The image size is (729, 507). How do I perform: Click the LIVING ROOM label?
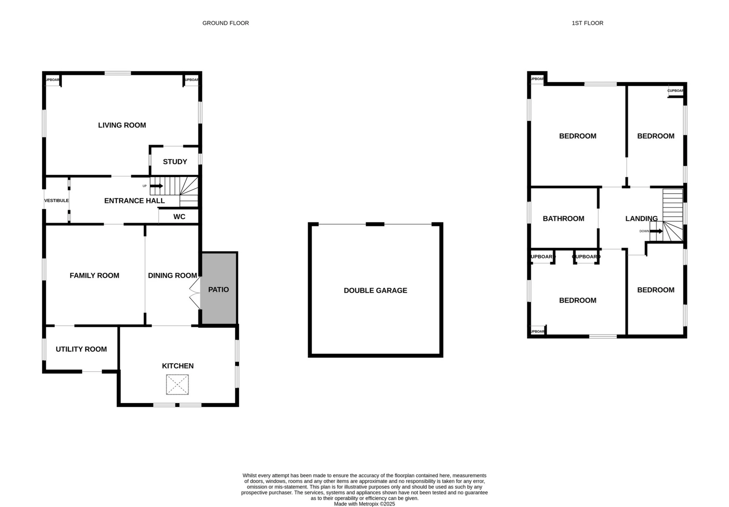pyautogui.click(x=122, y=125)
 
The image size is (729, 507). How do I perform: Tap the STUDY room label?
pyautogui.click(x=175, y=162)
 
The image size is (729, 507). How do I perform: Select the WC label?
pyautogui.click(x=179, y=217)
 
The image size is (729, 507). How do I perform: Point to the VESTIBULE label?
pyautogui.click(x=57, y=200)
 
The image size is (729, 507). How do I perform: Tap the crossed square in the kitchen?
pyautogui.click(x=177, y=384)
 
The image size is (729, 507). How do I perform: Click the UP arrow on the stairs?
pyautogui.click(x=157, y=186)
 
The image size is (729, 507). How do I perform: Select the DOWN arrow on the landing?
pyautogui.click(x=656, y=231)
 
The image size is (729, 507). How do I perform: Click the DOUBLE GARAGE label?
pyautogui.click(x=375, y=290)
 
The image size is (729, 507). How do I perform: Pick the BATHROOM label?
pyautogui.click(x=563, y=218)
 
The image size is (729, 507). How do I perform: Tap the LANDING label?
pyautogui.click(x=642, y=218)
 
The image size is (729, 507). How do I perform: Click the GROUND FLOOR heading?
pyautogui.click(x=226, y=23)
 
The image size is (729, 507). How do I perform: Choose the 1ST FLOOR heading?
pyautogui.click(x=588, y=23)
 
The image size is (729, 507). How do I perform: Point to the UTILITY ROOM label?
pyautogui.click(x=81, y=349)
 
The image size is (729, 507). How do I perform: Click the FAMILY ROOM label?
pyautogui.click(x=94, y=275)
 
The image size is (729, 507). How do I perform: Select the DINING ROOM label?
pyautogui.click(x=172, y=275)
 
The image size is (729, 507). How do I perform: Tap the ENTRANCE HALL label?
pyautogui.click(x=135, y=201)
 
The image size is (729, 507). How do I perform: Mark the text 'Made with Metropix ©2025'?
pyautogui.click(x=364, y=504)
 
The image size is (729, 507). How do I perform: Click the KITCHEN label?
pyautogui.click(x=178, y=366)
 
